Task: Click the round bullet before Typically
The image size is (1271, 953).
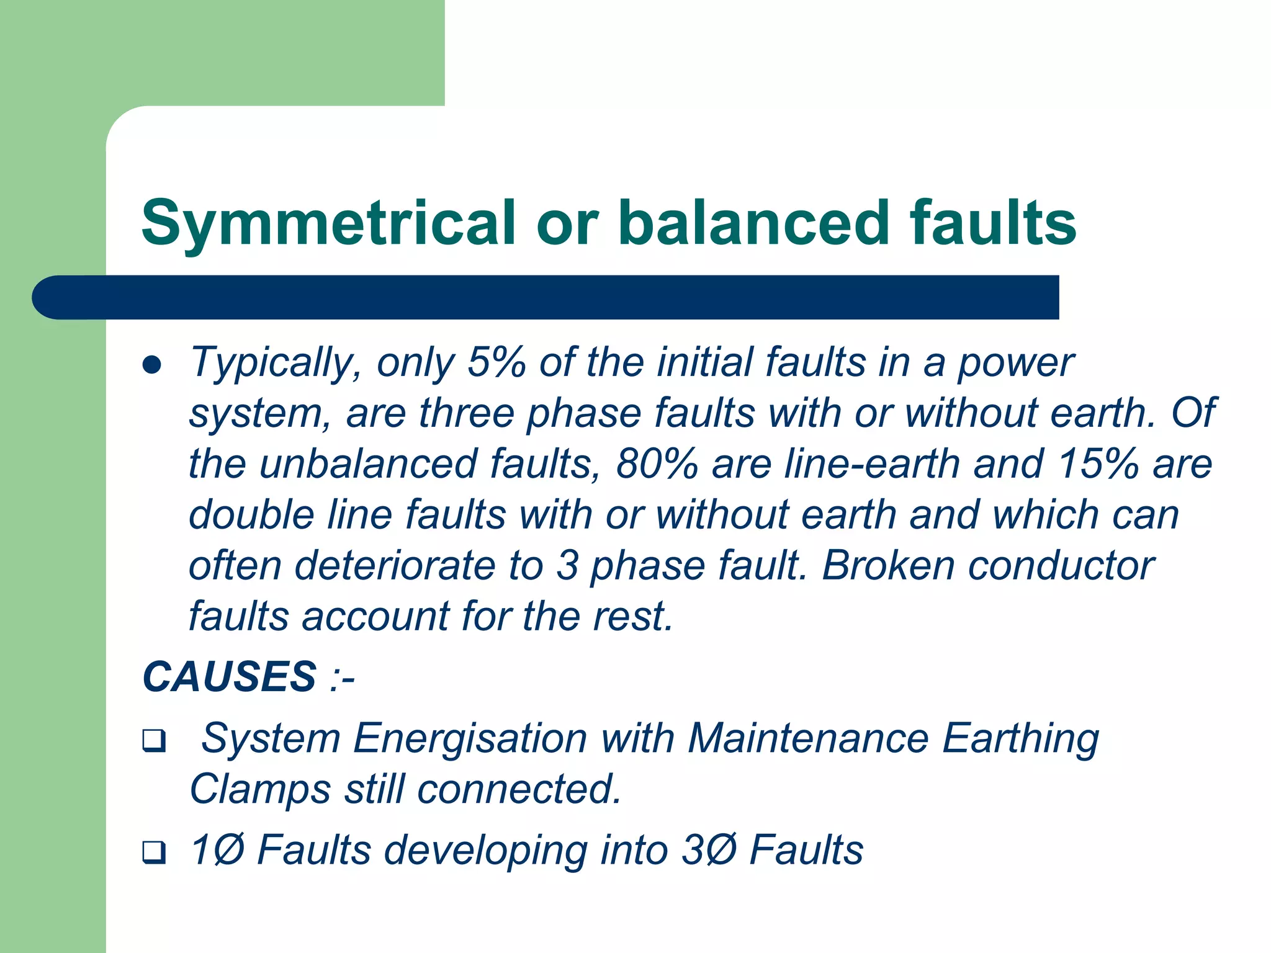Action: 152,365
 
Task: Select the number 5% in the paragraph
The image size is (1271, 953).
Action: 496,362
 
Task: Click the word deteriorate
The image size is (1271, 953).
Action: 395,566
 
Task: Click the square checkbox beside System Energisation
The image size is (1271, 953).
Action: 154,741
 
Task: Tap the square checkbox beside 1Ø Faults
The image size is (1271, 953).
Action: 154,851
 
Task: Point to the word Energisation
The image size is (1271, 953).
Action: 470,740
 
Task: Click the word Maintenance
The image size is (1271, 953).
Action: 808,738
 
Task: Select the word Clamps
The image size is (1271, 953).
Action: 260,790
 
